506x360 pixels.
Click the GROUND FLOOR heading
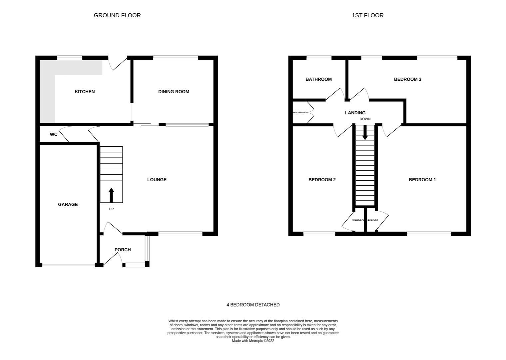pyautogui.click(x=117, y=15)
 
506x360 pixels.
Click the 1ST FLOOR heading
pyautogui.click(x=367, y=15)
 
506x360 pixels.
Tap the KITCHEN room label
pyautogui.click(x=85, y=92)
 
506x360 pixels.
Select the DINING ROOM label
pyautogui.click(x=174, y=92)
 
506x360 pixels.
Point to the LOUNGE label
pyautogui.click(x=157, y=180)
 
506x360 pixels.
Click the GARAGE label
pyautogui.click(x=68, y=204)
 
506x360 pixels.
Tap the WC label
pyautogui.click(x=54, y=134)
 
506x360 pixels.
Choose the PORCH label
pyautogui.click(x=123, y=250)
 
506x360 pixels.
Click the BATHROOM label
pyautogui.click(x=318, y=79)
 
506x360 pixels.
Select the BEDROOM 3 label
pyautogui.click(x=407, y=79)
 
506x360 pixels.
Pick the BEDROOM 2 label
pyautogui.click(x=322, y=180)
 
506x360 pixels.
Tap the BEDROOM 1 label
pyautogui.click(x=422, y=180)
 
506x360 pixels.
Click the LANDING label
pyautogui.click(x=355, y=113)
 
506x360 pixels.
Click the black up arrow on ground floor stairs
pyautogui.click(x=111, y=195)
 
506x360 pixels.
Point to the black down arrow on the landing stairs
pyautogui.click(x=365, y=133)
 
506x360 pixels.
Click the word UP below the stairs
pyautogui.click(x=111, y=209)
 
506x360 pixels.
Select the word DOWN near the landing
pyautogui.click(x=365, y=119)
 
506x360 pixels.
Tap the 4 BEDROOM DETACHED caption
pyautogui.click(x=253, y=305)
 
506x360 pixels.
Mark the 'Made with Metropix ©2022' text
pyautogui.click(x=253, y=341)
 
